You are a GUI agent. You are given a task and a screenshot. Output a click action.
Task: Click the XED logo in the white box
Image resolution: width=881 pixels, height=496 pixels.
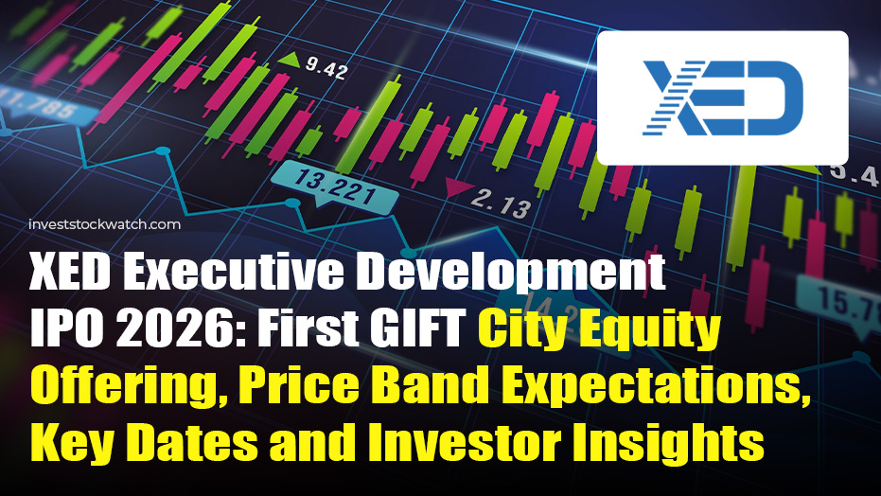coord(722,98)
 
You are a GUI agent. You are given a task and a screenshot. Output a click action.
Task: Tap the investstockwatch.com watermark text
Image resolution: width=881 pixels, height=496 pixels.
coord(103,224)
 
